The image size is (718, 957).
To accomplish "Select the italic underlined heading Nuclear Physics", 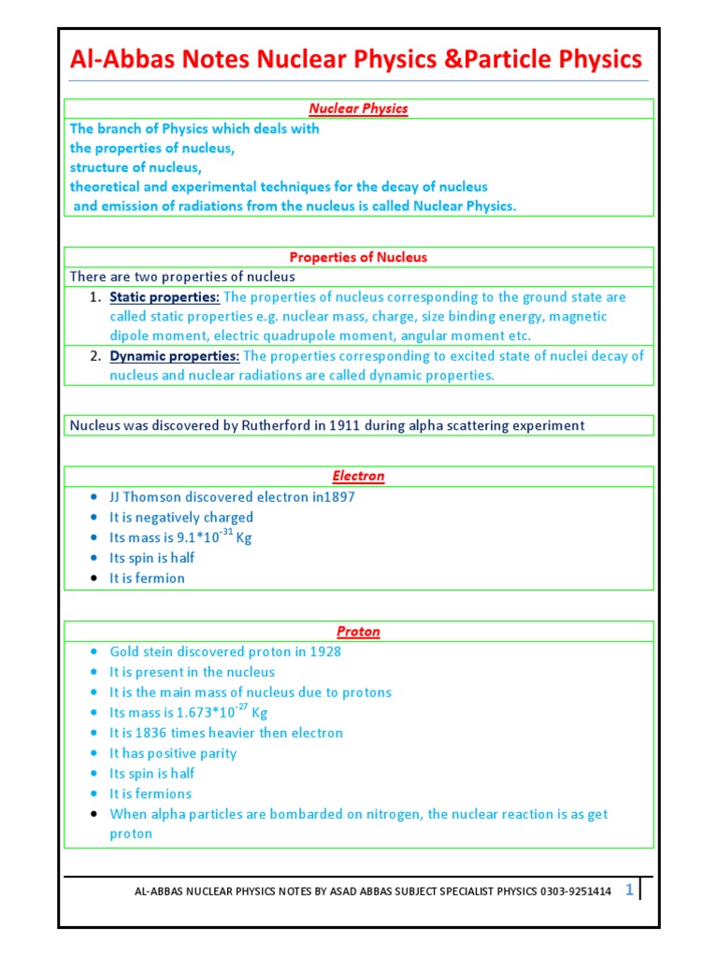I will pos(359,108).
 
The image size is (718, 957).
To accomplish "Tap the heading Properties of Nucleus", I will pos(359,257).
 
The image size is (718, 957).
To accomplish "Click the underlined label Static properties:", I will pos(165,297).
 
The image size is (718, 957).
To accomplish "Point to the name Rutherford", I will pos(271,425).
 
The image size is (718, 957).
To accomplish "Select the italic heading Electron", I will pos(359,476).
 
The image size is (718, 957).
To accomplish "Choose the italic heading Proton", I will pos(359,632).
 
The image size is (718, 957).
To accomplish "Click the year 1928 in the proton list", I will pos(323,652).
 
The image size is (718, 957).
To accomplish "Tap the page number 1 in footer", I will pos(629,891).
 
